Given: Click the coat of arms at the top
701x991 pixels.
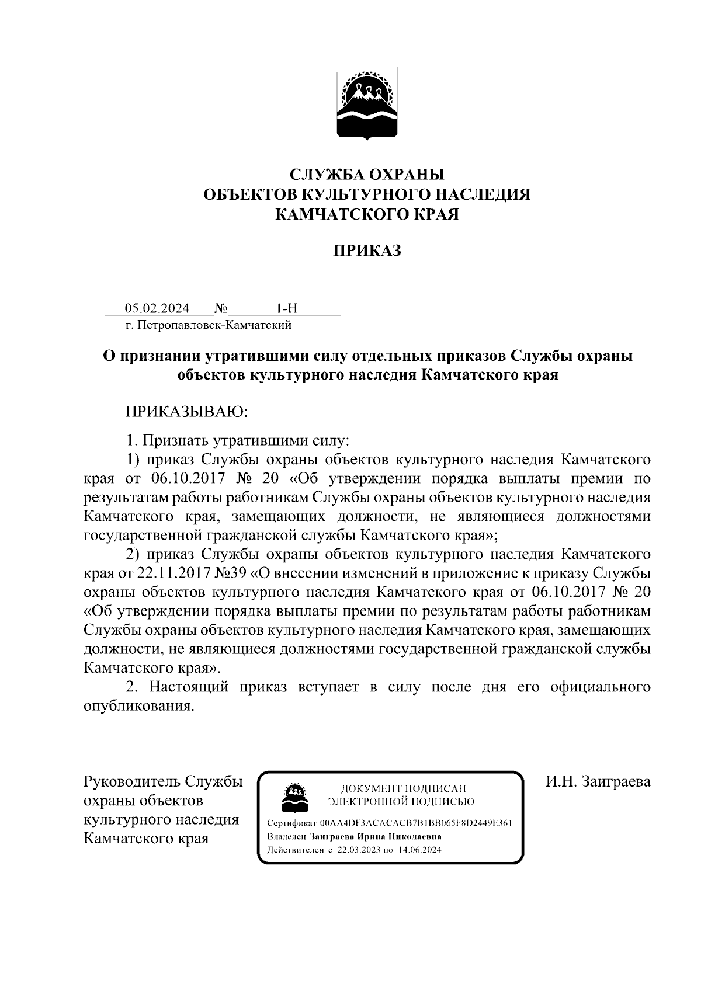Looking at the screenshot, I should (x=367, y=103).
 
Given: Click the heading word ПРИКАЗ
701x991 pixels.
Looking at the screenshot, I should (x=367, y=251).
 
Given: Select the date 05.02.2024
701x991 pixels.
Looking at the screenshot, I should (x=157, y=308).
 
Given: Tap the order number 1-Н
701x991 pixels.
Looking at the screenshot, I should (x=287, y=308).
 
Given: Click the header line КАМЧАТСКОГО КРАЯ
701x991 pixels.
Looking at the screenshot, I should (x=367, y=214).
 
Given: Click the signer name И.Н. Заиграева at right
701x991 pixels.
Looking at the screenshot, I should (x=598, y=782).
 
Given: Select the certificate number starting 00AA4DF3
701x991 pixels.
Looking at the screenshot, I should (x=416, y=823).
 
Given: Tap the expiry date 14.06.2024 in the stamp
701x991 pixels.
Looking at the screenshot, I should (x=420, y=850).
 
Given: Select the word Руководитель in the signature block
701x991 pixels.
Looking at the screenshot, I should (x=133, y=782).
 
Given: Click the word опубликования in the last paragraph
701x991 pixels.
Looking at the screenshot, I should (x=137, y=705).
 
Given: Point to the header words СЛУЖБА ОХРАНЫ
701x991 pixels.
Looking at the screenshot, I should (x=367, y=175).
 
